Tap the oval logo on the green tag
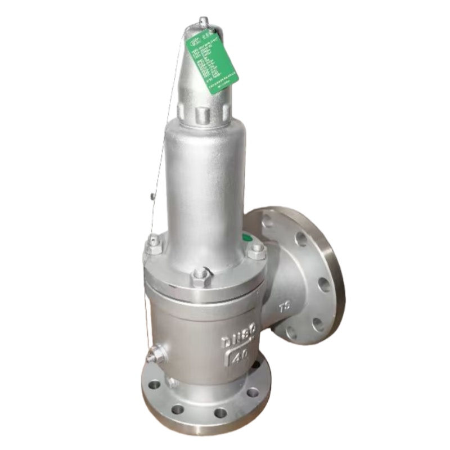(195, 40)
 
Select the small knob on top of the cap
(204, 22)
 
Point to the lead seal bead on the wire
(151, 197)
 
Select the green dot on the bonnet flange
(246, 238)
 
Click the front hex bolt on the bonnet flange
(201, 277)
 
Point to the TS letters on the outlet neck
(285, 307)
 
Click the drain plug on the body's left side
(152, 355)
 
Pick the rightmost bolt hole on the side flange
(325, 285)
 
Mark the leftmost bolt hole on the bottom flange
(154, 386)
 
